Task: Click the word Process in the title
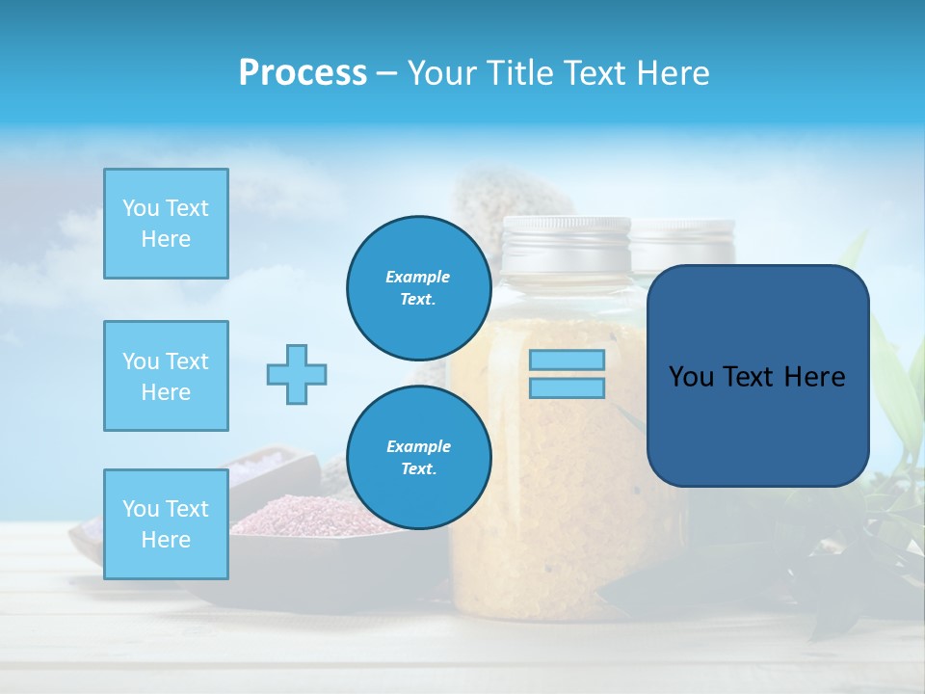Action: [302, 73]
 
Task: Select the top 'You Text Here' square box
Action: [166, 224]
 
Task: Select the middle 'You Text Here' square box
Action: [166, 376]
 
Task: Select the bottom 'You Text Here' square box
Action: [166, 524]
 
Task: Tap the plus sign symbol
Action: [297, 374]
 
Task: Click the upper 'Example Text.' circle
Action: [418, 288]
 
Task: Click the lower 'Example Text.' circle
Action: [418, 458]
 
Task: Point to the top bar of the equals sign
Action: [567, 360]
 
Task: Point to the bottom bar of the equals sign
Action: [567, 387]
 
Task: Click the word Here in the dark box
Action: [815, 377]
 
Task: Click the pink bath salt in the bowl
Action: [289, 516]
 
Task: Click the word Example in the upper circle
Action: [418, 277]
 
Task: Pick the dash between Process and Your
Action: [386, 73]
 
